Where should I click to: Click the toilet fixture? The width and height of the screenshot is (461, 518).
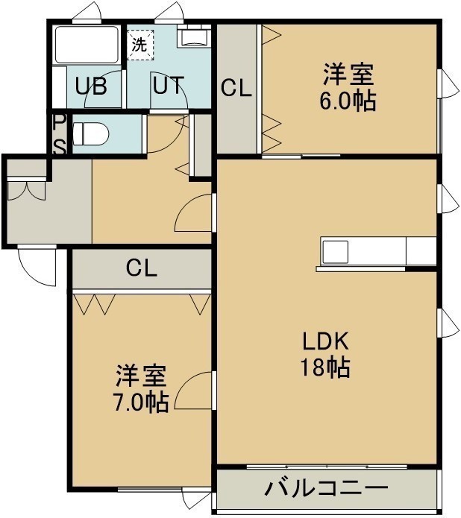tap(90, 133)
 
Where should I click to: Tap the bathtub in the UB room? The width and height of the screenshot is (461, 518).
tap(87, 45)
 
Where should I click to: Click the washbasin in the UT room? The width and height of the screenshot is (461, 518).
tap(193, 36)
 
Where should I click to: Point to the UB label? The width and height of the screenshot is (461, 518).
tap(91, 86)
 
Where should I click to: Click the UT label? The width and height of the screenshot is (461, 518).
tap(169, 85)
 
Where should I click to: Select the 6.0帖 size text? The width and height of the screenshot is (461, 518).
tap(348, 101)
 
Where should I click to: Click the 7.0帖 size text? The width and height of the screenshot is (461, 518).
tap(141, 402)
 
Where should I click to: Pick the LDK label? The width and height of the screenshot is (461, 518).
tap(326, 341)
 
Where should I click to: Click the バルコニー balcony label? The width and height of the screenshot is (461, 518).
tap(326, 489)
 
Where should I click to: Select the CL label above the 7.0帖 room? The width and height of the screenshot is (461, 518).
tap(142, 268)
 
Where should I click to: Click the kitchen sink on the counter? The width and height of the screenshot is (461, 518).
tap(336, 252)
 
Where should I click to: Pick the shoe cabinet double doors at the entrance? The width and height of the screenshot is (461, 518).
tap(26, 190)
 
